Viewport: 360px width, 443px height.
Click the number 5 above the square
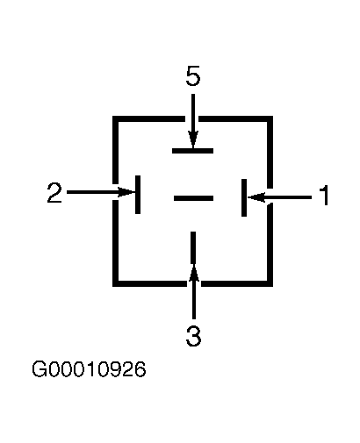click(193, 75)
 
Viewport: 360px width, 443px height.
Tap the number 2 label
click(54, 192)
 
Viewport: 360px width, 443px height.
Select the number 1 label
click(324, 195)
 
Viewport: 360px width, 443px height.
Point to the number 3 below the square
click(193, 336)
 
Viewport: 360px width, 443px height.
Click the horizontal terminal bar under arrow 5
click(192, 151)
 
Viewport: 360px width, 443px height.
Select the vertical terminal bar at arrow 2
click(138, 195)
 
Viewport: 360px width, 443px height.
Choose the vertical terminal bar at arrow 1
click(244, 197)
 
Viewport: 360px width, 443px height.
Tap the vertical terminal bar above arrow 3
click(193, 247)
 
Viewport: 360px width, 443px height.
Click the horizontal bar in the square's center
click(193, 198)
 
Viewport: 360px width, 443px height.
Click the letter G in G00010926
click(40, 369)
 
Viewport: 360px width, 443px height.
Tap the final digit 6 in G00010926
click(140, 369)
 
